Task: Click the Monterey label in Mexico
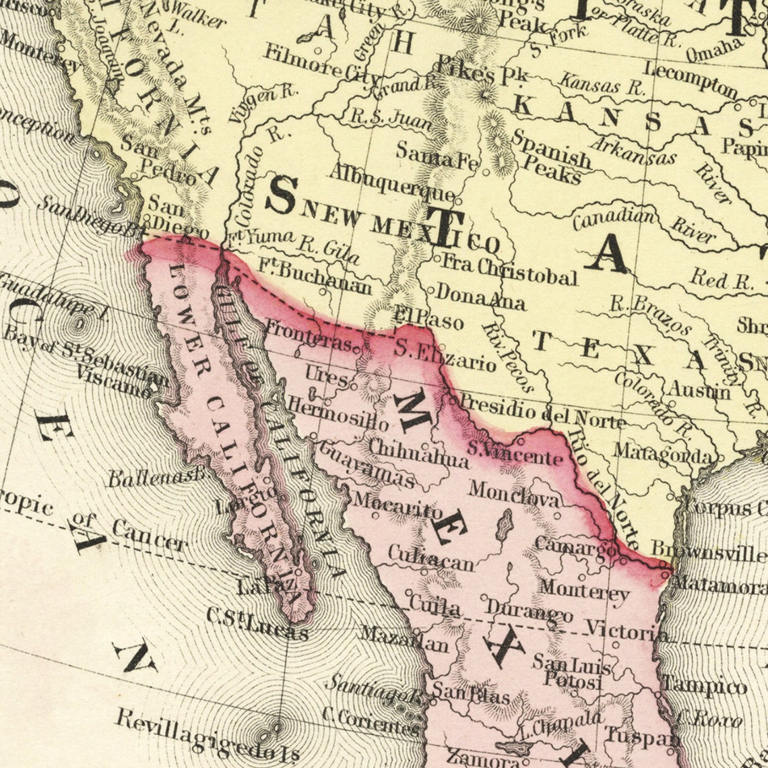pos(583,591)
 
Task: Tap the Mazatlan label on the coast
pos(404,639)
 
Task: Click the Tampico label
pos(704,686)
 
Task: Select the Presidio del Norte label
pos(542,412)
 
